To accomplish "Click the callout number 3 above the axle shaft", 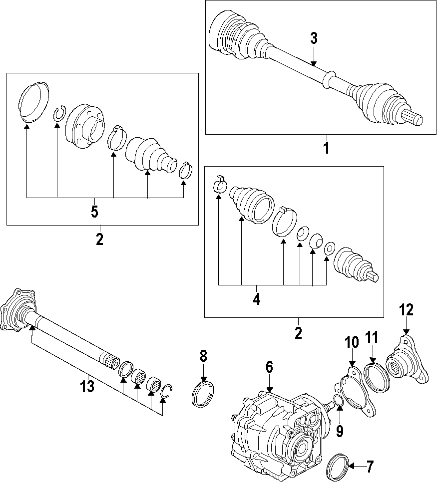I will tap(314, 38).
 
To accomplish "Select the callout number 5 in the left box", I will tap(94, 212).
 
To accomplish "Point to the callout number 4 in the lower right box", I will tap(256, 299).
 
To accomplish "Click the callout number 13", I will tap(87, 386).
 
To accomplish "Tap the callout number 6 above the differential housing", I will tap(269, 368).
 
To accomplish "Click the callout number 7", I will tap(370, 467).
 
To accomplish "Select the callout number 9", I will tap(340, 430).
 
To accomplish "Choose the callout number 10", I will tap(352, 343).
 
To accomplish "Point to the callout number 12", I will tap(406, 310).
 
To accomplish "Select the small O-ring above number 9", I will tap(338, 400).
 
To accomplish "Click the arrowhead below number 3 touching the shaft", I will tap(314, 63).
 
